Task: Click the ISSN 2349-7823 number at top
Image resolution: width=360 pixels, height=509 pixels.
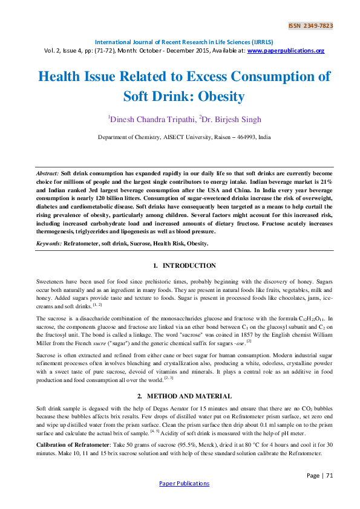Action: (310, 26)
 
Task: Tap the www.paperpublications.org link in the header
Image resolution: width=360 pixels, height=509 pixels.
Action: (286, 51)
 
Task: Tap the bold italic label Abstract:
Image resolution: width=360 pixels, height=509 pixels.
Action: (48, 173)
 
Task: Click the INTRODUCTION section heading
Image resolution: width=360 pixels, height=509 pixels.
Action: (189, 265)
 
